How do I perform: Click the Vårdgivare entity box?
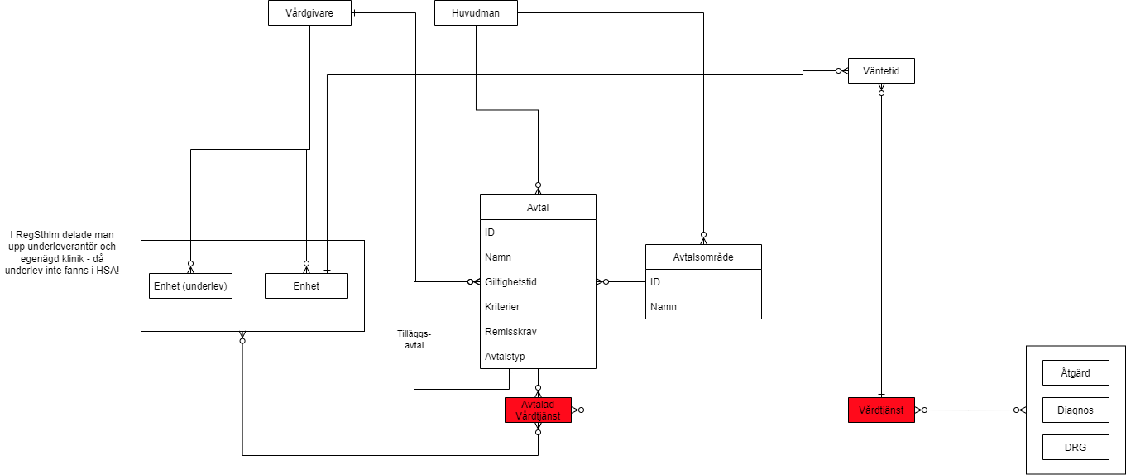point(309,13)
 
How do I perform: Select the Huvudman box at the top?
point(476,13)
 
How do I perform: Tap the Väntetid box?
point(881,72)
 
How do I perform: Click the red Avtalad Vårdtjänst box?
point(538,410)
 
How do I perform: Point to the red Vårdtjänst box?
point(881,410)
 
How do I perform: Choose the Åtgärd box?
point(1075,373)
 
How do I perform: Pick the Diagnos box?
point(1075,410)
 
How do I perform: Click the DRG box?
point(1075,448)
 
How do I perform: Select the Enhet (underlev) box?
point(190,286)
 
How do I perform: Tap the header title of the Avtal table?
point(538,208)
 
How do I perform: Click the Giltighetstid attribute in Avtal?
point(510,282)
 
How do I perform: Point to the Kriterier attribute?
point(502,307)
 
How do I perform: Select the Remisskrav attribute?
point(507,332)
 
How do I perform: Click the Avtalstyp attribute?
point(505,357)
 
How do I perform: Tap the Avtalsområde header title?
point(703,257)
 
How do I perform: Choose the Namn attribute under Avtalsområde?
point(664,307)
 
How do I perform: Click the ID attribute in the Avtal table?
point(490,233)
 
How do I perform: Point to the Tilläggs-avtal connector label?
point(414,340)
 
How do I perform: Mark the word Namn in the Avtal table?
point(498,257)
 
